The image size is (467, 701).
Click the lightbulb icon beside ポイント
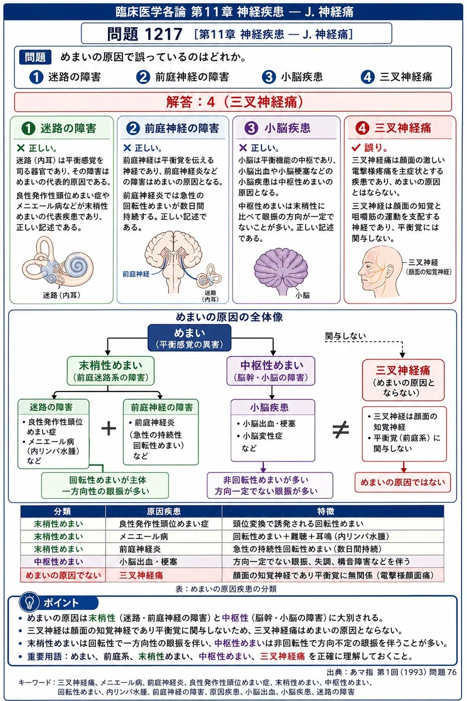(x=29, y=602)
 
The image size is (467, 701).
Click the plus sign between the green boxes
(x=108, y=428)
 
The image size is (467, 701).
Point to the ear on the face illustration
(x=390, y=270)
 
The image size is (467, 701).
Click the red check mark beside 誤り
(x=356, y=147)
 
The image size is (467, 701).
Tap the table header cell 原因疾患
(x=164, y=512)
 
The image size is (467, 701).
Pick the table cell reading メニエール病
(x=143, y=536)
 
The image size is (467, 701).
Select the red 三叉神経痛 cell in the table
(x=141, y=575)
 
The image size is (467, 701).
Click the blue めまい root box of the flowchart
(x=189, y=338)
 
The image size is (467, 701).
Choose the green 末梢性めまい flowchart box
(x=111, y=371)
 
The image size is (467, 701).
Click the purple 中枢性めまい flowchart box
(x=271, y=371)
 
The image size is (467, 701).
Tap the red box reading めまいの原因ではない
(x=403, y=482)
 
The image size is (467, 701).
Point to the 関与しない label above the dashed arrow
(x=345, y=336)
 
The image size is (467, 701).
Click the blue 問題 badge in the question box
(x=35, y=58)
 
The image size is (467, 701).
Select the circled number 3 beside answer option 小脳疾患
(x=269, y=77)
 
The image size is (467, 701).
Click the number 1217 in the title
(x=164, y=34)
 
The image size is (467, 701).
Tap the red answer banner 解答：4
(x=233, y=102)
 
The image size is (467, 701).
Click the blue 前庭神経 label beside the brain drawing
(x=136, y=274)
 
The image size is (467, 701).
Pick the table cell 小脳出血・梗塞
(x=148, y=562)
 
